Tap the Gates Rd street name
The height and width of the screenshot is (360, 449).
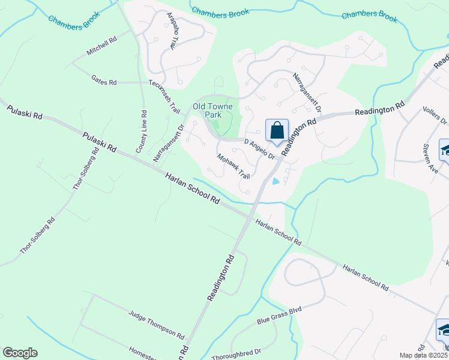pos(104,80)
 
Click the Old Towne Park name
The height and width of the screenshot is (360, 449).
pos(212,110)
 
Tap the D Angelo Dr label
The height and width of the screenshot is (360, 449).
pos(259,149)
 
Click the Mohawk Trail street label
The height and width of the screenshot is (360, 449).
pos(234,166)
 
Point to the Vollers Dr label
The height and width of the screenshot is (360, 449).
pos(436,112)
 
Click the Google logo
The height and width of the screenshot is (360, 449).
pos(20,353)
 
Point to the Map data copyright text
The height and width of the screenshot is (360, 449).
pos(423,355)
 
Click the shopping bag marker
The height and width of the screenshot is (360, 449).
pos(277,131)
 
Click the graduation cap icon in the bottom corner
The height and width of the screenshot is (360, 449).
pos(444,330)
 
